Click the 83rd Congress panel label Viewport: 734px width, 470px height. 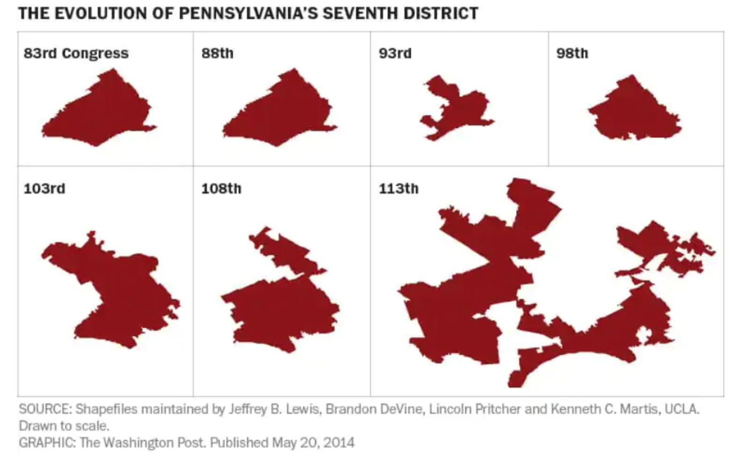coord(76,53)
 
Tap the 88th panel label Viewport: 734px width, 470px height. coord(217,53)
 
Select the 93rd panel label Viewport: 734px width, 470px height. coord(395,53)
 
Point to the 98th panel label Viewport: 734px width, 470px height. coord(572,53)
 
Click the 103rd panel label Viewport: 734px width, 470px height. coord(44,189)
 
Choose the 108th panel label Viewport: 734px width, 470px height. coord(221,189)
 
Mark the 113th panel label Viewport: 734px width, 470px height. coord(399,189)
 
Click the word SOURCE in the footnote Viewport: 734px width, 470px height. coord(44,409)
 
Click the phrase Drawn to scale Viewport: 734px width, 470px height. coord(64,426)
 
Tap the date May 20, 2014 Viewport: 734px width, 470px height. coord(313,443)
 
